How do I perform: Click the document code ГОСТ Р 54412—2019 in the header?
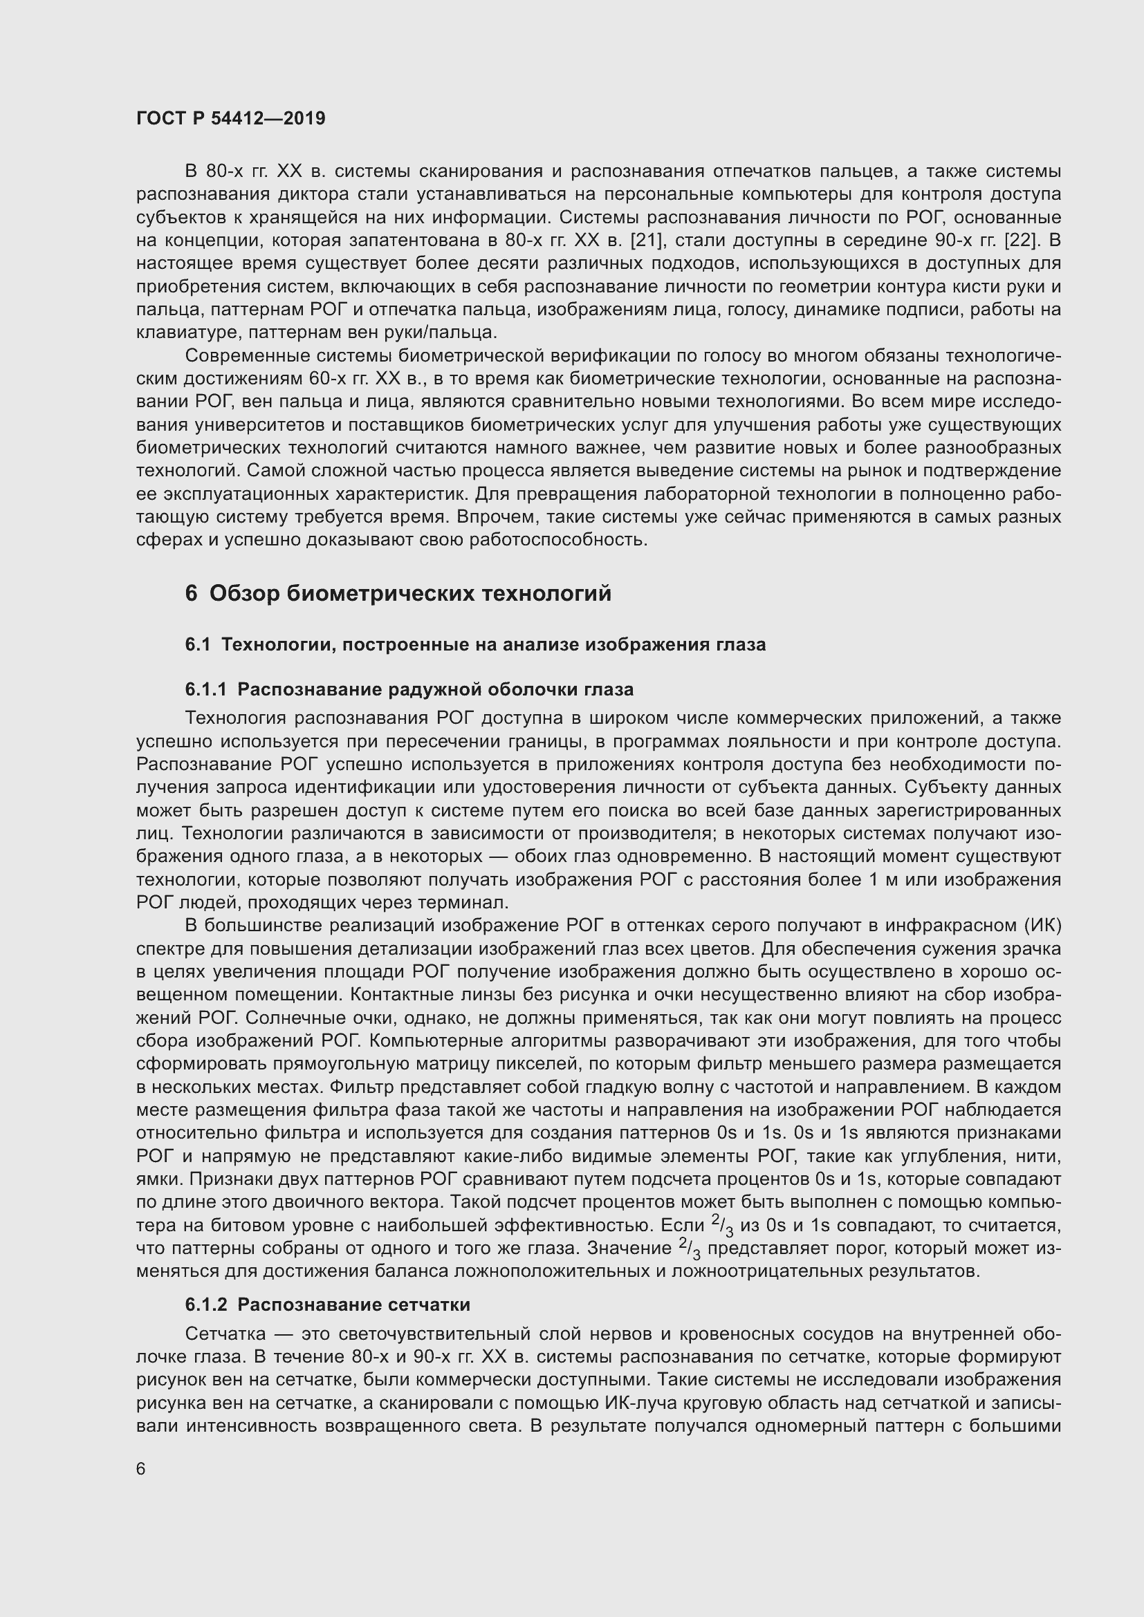(231, 118)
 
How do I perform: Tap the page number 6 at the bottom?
(141, 1468)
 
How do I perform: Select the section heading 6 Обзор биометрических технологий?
(398, 594)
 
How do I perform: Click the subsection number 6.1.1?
(205, 689)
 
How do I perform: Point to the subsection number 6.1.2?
(205, 1305)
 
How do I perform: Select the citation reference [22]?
(1022, 240)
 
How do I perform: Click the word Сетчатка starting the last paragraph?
(225, 1334)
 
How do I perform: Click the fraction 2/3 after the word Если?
(723, 1226)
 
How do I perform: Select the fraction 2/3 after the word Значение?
(690, 1249)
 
